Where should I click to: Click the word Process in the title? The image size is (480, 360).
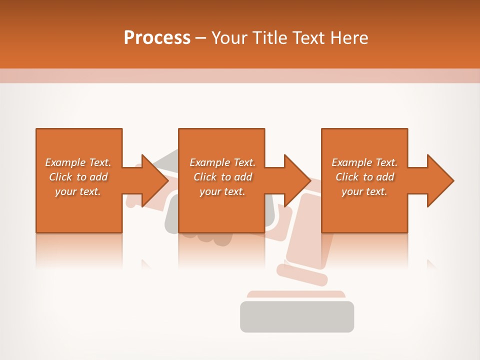pyautogui.click(x=157, y=38)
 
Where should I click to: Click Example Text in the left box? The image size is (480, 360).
pyautogui.click(x=78, y=162)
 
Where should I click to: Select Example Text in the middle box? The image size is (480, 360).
pyautogui.click(x=222, y=162)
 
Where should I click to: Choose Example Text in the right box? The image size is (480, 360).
pyautogui.click(x=364, y=162)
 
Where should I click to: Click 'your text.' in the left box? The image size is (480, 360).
pyautogui.click(x=78, y=191)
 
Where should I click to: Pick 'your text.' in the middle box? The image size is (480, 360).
pyautogui.click(x=222, y=191)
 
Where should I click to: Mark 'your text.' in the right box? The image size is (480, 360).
pyautogui.click(x=364, y=191)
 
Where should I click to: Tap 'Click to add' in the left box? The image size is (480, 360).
pyautogui.click(x=78, y=177)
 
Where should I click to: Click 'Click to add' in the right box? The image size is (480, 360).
pyautogui.click(x=364, y=177)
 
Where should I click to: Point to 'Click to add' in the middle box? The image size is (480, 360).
pyautogui.click(x=222, y=177)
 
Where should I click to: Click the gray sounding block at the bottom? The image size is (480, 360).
pyautogui.click(x=297, y=316)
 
